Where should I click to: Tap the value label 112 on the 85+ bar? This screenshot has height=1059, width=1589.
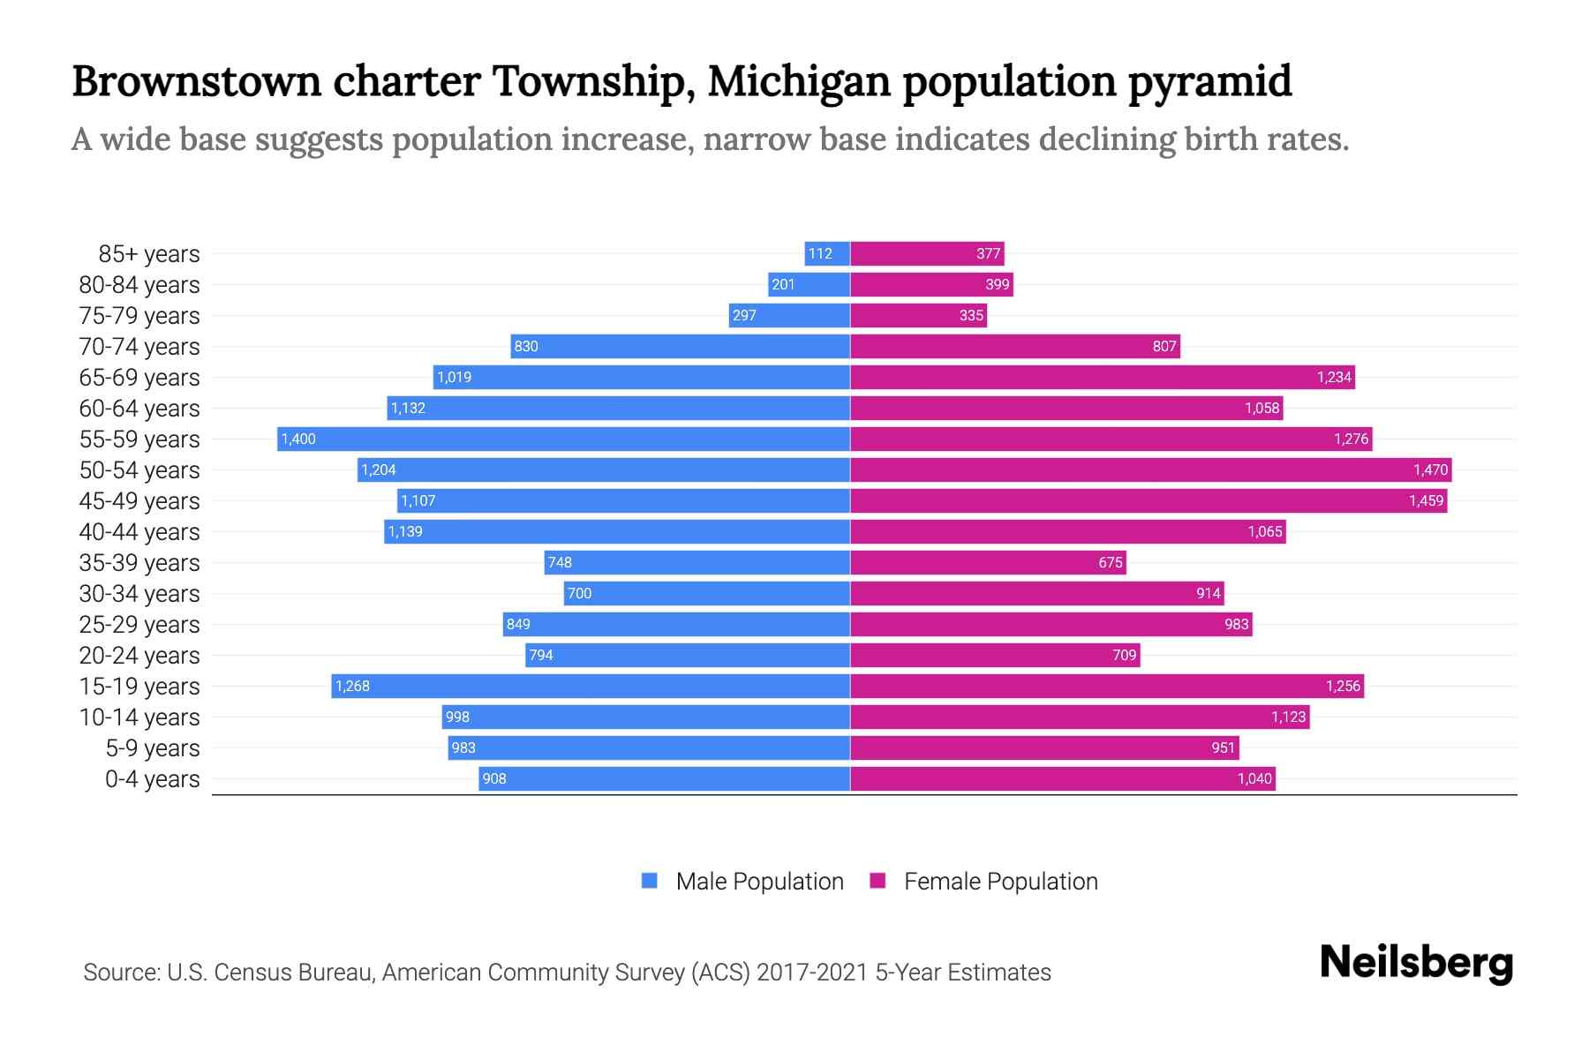pyautogui.click(x=820, y=254)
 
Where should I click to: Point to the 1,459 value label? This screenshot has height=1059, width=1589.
pyautogui.click(x=1426, y=501)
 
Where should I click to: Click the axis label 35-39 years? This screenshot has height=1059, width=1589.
pyautogui.click(x=139, y=563)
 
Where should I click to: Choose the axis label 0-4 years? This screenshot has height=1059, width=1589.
pyautogui.click(x=152, y=779)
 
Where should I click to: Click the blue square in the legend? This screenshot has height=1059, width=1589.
pyautogui.click(x=650, y=881)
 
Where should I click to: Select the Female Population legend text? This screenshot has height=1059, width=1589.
pyautogui.click(x=1000, y=882)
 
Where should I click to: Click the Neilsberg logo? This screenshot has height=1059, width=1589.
pyautogui.click(x=1416, y=963)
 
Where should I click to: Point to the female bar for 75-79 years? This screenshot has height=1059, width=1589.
pyautogui.click(x=918, y=315)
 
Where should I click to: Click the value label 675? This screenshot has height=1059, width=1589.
pyautogui.click(x=1110, y=563)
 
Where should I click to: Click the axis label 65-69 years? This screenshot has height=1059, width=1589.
pyautogui.click(x=139, y=378)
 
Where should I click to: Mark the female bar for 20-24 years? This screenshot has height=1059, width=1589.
pyautogui.click(x=995, y=655)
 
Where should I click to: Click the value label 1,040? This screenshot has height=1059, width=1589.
pyautogui.click(x=1254, y=779)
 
